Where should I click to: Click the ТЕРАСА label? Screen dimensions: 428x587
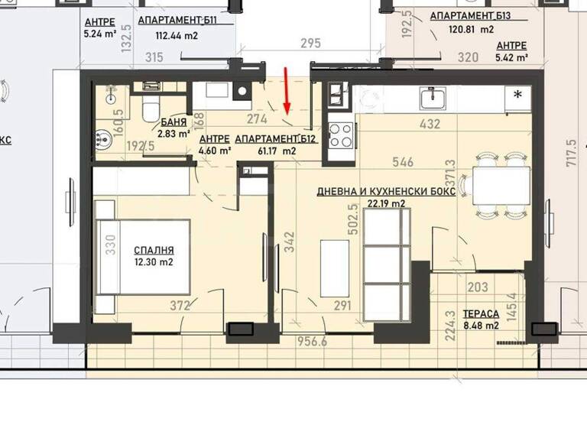482,314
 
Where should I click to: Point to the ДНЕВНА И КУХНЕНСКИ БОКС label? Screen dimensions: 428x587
386,193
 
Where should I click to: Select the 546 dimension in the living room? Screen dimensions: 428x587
402,162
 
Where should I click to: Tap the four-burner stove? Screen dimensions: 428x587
340,135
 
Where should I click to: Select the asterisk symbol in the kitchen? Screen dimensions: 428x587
518,95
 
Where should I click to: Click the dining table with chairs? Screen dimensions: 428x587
500,185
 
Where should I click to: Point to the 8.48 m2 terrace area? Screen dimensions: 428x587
482,326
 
